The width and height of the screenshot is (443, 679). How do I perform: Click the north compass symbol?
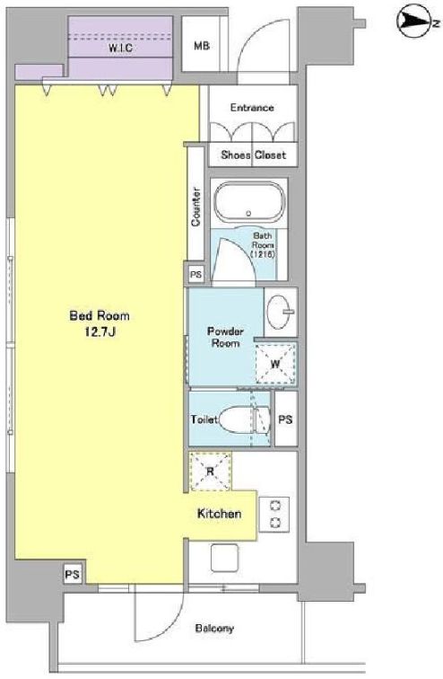[x=413, y=21]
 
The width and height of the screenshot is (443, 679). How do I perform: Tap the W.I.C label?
[x=120, y=48]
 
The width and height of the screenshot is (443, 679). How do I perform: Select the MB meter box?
[x=201, y=44]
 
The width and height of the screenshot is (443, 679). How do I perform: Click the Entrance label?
[x=252, y=108]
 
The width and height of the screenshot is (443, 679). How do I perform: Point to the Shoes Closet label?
[x=253, y=154]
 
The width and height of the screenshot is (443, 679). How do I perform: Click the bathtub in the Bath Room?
[x=248, y=202]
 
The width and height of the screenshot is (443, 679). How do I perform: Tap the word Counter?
[x=195, y=207]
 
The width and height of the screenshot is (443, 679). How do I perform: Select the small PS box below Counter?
[x=195, y=275]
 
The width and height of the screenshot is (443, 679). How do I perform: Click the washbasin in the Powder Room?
[x=280, y=312]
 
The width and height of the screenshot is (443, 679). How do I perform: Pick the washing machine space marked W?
[x=275, y=364]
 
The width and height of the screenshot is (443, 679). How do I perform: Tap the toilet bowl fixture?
[x=244, y=419]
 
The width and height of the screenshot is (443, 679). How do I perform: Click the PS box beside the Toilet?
[x=286, y=419]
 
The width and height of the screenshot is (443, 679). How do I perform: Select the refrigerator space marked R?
[x=211, y=472]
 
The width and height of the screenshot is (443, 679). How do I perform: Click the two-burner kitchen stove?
[x=274, y=515]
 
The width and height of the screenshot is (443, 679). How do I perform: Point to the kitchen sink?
[x=224, y=558]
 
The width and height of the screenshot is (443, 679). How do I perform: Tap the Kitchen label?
[x=219, y=514]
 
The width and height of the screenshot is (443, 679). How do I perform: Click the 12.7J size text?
[x=100, y=332]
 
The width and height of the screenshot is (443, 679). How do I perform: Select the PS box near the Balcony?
[x=72, y=574]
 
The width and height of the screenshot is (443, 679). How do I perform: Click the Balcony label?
[x=214, y=628]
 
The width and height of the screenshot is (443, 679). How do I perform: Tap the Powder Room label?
[x=226, y=338]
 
